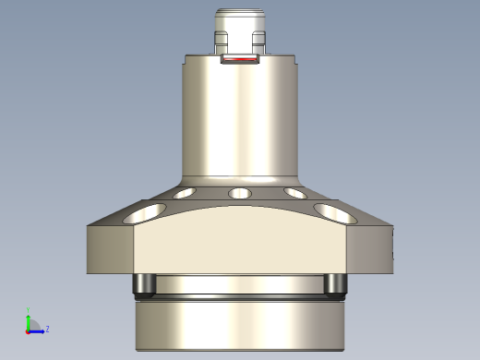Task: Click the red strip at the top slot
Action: click(x=241, y=61)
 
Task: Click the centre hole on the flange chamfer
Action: click(x=240, y=194)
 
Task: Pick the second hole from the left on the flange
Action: click(x=184, y=194)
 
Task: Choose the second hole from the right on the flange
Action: click(x=296, y=194)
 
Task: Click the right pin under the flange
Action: click(x=336, y=285)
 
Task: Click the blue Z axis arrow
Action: click(x=38, y=329)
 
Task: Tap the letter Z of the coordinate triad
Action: click(x=47, y=329)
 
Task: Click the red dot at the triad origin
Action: click(x=28, y=330)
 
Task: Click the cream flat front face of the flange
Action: click(x=240, y=245)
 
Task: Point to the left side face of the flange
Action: click(x=111, y=249)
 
